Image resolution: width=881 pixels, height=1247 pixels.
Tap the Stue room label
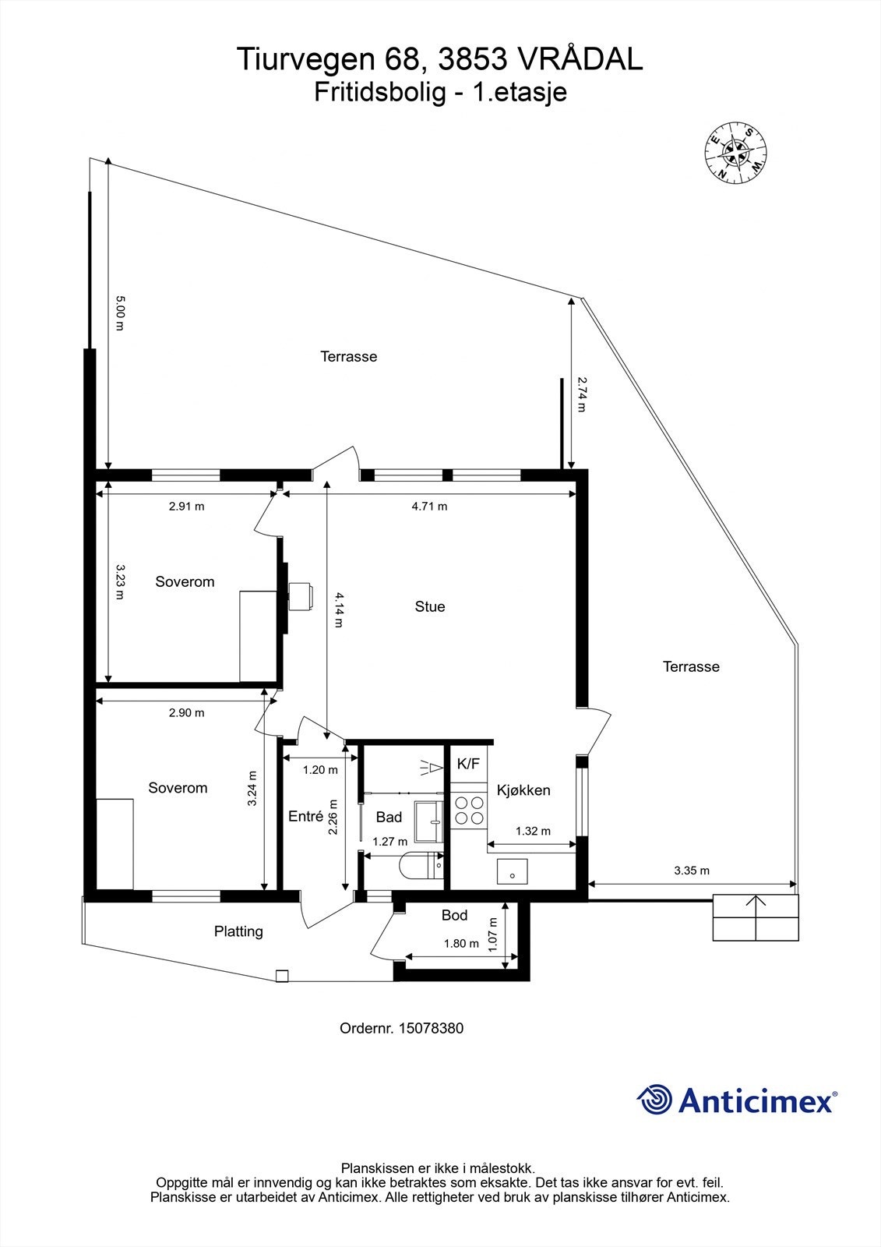[430, 606]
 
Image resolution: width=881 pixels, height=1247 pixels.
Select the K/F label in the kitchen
[468, 764]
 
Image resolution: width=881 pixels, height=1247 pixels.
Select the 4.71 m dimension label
[429, 506]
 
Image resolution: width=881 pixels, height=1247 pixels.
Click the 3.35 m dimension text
[691, 871]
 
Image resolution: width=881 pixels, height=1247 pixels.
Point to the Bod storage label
[454, 915]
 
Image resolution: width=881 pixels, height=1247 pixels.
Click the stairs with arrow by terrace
[756, 917]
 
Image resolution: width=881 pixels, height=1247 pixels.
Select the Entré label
[305, 816]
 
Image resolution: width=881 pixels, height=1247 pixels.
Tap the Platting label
[238, 931]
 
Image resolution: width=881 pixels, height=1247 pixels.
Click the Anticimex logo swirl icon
[654, 1100]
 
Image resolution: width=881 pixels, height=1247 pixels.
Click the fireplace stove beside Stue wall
[300, 597]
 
